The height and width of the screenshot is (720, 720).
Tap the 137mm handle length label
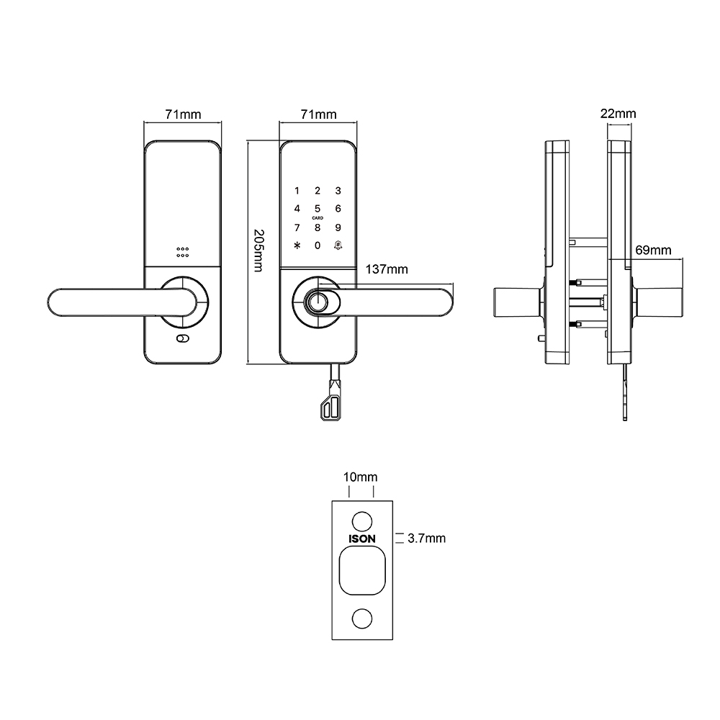click(387, 269)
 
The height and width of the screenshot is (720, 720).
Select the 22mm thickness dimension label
click(618, 114)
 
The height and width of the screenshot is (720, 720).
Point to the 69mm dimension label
click(654, 250)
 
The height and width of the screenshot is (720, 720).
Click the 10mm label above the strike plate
click(361, 477)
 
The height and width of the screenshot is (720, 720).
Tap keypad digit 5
click(318, 209)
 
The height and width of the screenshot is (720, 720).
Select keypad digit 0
click(318, 246)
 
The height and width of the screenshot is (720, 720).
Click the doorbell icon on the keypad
click(338, 246)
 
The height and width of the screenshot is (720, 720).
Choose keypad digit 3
click(338, 191)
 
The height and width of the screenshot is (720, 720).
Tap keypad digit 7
click(296, 228)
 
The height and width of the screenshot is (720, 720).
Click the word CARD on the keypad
click(318, 217)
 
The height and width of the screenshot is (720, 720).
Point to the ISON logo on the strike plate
click(361, 538)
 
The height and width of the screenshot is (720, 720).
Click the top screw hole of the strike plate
click(361, 521)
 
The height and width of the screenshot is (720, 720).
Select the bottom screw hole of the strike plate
click(361, 618)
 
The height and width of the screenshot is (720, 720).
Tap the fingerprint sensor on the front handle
click(317, 302)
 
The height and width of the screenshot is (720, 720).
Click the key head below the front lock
click(332, 408)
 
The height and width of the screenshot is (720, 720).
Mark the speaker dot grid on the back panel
click(182, 252)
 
